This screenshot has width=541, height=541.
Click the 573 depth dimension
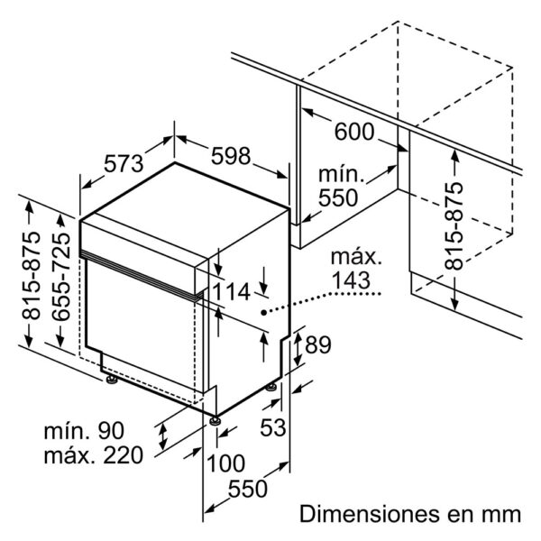pyautogui.click(x=124, y=163)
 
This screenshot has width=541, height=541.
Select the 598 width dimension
pyautogui.click(x=231, y=156)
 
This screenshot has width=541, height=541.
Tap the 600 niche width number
pyautogui.click(x=354, y=132)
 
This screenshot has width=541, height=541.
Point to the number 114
pyautogui.click(x=230, y=291)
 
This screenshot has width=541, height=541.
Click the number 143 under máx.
pyautogui.click(x=351, y=280)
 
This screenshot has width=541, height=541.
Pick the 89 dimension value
pyautogui.click(x=318, y=344)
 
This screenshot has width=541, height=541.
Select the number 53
pyautogui.click(x=273, y=427)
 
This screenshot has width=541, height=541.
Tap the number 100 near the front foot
pyautogui.click(x=225, y=463)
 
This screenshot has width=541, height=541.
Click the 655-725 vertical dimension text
pyautogui.click(x=61, y=277)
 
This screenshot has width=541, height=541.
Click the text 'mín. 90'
pyautogui.click(x=84, y=431)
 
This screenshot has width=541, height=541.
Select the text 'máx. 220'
pyautogui.click(x=93, y=455)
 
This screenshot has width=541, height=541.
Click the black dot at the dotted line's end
pyautogui.click(x=263, y=313)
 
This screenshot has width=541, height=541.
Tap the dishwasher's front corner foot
pyautogui.click(x=215, y=420)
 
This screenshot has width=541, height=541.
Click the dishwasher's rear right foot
pyautogui.click(x=270, y=387)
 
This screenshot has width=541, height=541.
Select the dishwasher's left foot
pyautogui.click(x=112, y=380)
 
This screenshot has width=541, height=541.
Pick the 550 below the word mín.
pyautogui.click(x=338, y=197)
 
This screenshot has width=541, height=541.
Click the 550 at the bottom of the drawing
pyautogui.click(x=248, y=489)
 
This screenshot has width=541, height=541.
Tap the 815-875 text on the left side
pyautogui.click(x=31, y=276)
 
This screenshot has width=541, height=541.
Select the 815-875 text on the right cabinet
pyautogui.click(x=454, y=226)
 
